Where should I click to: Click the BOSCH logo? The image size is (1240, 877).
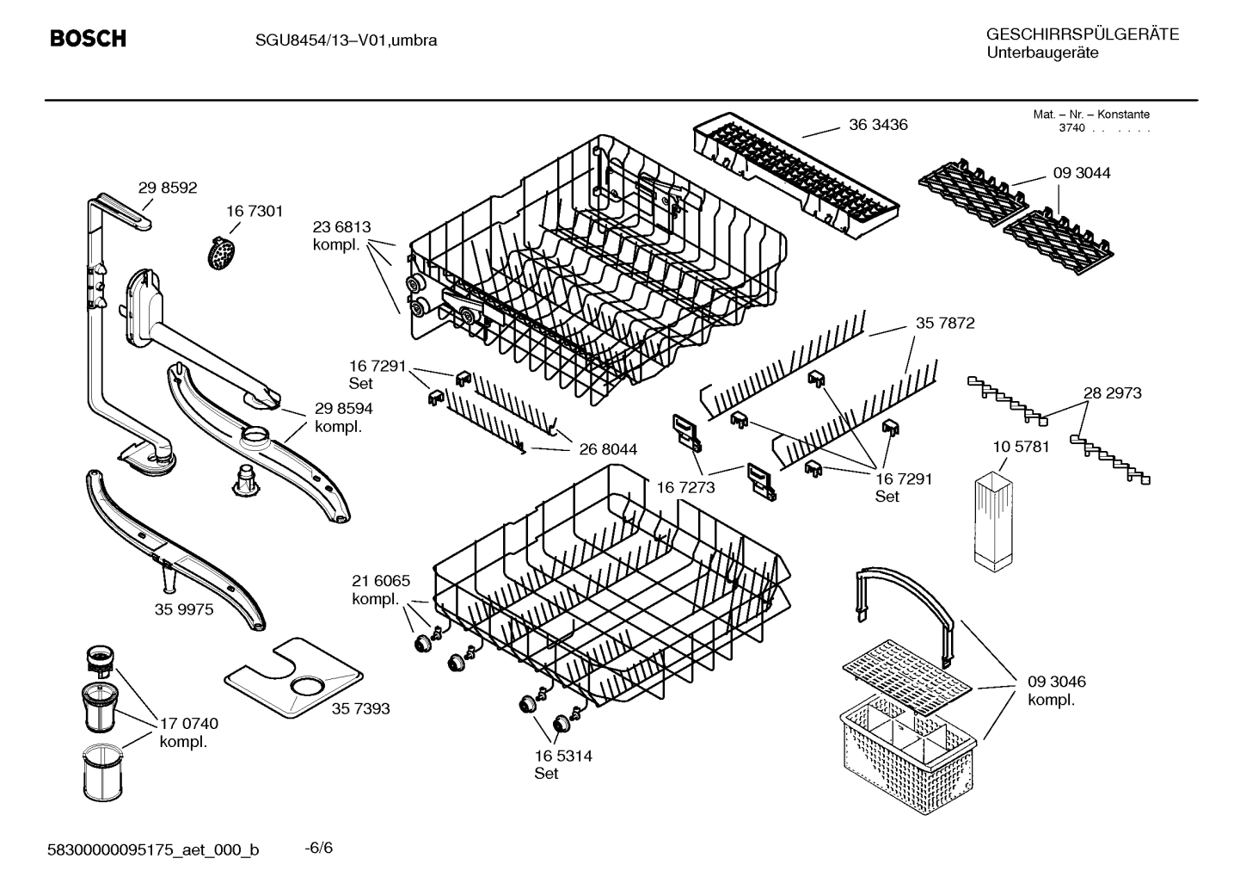[x=88, y=39]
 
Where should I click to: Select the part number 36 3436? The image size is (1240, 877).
[x=878, y=125]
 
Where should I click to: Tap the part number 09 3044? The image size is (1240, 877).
[x=1081, y=173]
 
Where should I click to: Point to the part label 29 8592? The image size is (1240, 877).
[x=168, y=188]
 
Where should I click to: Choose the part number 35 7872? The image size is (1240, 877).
[x=945, y=324]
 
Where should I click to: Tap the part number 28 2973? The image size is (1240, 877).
[x=1112, y=393]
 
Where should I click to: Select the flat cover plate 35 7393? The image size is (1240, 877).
[x=292, y=677]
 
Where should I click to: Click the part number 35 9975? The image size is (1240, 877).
[x=184, y=609]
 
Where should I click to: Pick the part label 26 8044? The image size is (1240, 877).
[x=608, y=449]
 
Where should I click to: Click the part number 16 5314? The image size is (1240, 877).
[x=562, y=757]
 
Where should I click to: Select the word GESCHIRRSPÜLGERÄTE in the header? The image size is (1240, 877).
[x=1082, y=34]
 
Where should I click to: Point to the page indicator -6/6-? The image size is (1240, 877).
[x=319, y=849]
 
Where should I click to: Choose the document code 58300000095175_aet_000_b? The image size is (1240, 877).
[x=152, y=850]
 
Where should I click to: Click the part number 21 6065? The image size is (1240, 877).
[x=381, y=581]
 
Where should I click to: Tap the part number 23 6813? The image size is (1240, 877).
[x=341, y=227]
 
